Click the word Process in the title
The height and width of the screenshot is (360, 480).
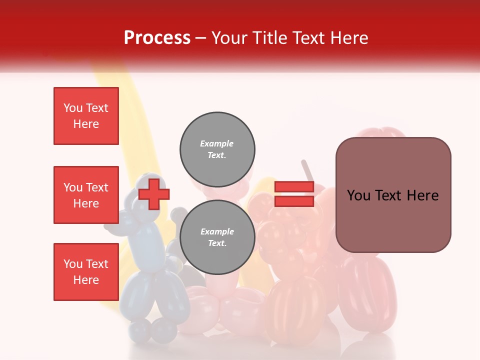157,38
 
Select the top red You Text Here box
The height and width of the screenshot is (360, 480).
86,116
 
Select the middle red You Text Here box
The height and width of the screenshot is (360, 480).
86,195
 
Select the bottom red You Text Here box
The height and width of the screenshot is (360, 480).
86,272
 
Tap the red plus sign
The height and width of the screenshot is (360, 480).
154,194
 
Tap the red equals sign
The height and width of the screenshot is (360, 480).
294,194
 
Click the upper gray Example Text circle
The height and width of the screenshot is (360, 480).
217,149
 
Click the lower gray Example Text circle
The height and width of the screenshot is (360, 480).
217,237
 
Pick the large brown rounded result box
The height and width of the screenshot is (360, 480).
393,195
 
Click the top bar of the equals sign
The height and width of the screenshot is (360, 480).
294,187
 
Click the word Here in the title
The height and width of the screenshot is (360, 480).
349,38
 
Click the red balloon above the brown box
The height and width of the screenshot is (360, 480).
382,133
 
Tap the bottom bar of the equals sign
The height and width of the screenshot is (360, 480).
294,201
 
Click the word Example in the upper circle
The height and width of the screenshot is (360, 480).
216,143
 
